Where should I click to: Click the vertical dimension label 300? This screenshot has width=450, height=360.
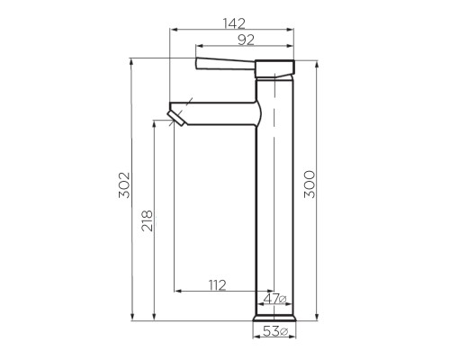tap(310, 187)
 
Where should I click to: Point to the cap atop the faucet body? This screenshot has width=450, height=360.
tap(275, 68)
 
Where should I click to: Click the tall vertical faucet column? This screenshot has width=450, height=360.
tap(275, 198)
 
